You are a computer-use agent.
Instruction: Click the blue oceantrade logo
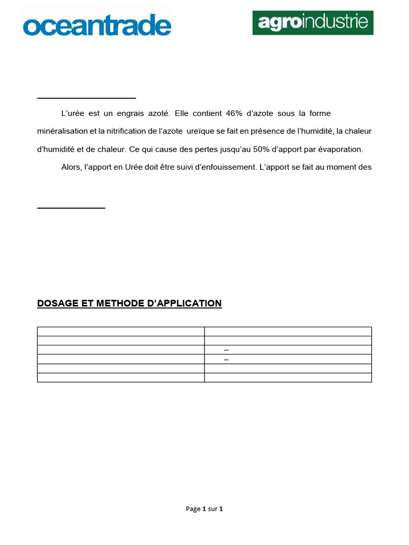pos(96,25)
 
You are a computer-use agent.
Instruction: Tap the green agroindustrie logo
pos(313,22)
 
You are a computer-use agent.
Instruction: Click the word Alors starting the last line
pos(71,167)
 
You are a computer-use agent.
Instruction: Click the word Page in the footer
pos(193,509)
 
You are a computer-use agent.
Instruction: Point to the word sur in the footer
pos(212,509)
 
